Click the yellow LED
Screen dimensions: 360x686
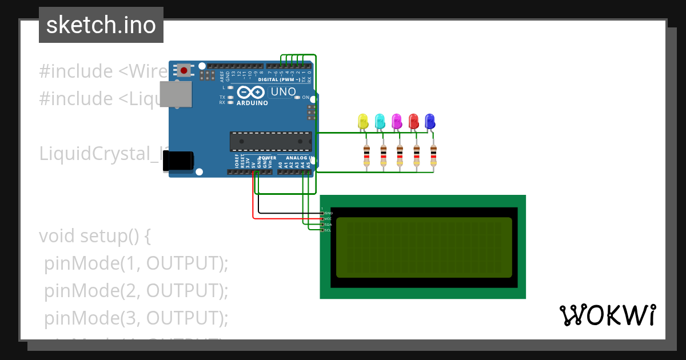[362, 121]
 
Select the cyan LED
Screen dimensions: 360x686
[380, 121]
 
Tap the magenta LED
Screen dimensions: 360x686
[396, 121]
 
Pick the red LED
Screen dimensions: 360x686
[413, 121]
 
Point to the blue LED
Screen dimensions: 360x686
[430, 121]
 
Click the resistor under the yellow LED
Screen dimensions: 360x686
[366, 155]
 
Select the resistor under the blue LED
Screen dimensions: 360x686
[433, 155]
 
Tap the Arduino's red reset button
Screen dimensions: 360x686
[184, 71]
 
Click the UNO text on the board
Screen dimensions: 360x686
[282, 92]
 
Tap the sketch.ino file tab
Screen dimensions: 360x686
[101, 25]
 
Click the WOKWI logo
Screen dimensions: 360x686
[607, 315]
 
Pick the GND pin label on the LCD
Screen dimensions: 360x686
[328, 213]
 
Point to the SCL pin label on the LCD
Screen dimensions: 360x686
[328, 230]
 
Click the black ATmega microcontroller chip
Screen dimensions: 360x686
[270, 141]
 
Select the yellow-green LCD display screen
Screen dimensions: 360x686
[424, 247]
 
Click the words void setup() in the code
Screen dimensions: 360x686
[94, 236]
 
